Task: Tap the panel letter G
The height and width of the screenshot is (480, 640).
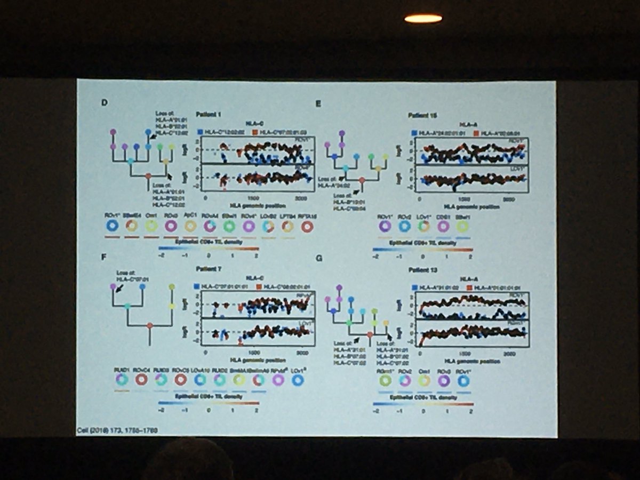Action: point(318,259)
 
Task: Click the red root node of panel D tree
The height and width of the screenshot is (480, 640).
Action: point(149,176)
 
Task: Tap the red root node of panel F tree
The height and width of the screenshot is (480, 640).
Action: point(150,325)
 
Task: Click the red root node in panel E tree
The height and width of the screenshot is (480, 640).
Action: point(362,181)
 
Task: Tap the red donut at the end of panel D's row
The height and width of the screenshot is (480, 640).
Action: point(307,226)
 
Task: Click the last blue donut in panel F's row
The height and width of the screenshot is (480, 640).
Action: point(298,380)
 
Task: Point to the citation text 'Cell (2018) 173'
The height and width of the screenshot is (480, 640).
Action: point(117,429)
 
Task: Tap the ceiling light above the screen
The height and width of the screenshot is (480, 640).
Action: point(423,19)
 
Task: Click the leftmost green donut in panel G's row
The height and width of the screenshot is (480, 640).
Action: point(385,380)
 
